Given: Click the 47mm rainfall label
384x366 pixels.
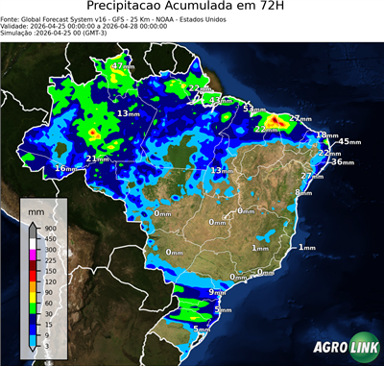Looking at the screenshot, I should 122,65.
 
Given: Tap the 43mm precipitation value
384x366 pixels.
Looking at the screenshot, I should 220,100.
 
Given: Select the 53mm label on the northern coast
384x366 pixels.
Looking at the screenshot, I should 252,109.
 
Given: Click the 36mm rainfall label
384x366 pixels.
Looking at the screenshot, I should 341,161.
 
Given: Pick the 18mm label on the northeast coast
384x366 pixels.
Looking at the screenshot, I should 326,135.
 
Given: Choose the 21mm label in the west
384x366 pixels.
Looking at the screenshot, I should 98,159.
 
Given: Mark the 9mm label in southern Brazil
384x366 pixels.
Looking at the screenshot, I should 217,291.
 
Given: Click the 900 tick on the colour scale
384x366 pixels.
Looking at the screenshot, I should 46,228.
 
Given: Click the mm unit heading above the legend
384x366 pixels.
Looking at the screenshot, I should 36,208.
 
